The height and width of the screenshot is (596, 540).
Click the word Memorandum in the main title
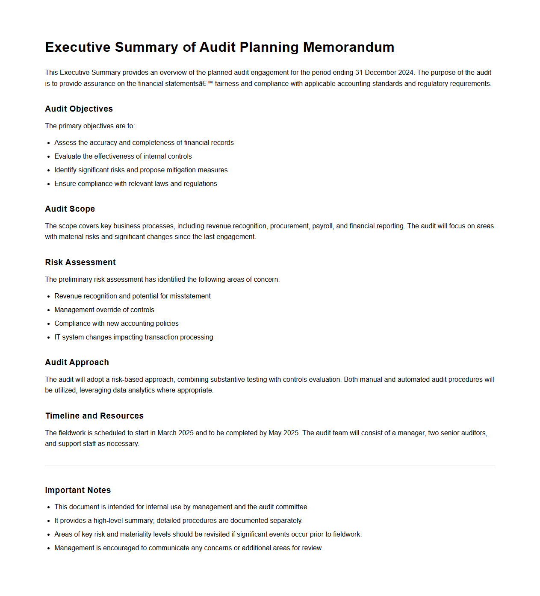pos(348,47)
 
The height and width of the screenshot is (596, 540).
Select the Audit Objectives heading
pos(79,109)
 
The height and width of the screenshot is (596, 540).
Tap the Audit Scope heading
pos(70,209)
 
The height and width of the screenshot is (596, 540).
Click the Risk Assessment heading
pos(80,263)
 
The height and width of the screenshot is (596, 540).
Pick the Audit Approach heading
pos(77,363)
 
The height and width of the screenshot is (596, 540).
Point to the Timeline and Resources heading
pos(94,416)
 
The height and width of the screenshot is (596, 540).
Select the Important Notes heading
pos(78,490)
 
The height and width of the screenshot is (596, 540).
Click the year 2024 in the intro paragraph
pos(406,73)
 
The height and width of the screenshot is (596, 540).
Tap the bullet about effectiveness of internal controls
pos(123,156)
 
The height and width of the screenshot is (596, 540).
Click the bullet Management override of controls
pos(104,310)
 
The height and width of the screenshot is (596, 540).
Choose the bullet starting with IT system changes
pos(133,337)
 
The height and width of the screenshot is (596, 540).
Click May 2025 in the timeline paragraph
pos(283,433)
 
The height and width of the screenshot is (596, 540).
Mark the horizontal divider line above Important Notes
pos(270,466)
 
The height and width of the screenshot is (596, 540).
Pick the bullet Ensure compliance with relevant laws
pos(136,184)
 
